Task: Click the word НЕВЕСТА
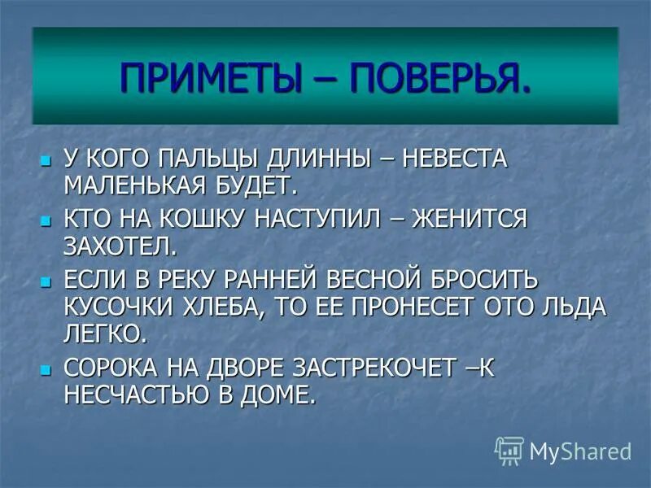pyautogui.click(x=447, y=159)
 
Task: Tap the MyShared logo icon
pyautogui.click(x=509, y=450)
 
